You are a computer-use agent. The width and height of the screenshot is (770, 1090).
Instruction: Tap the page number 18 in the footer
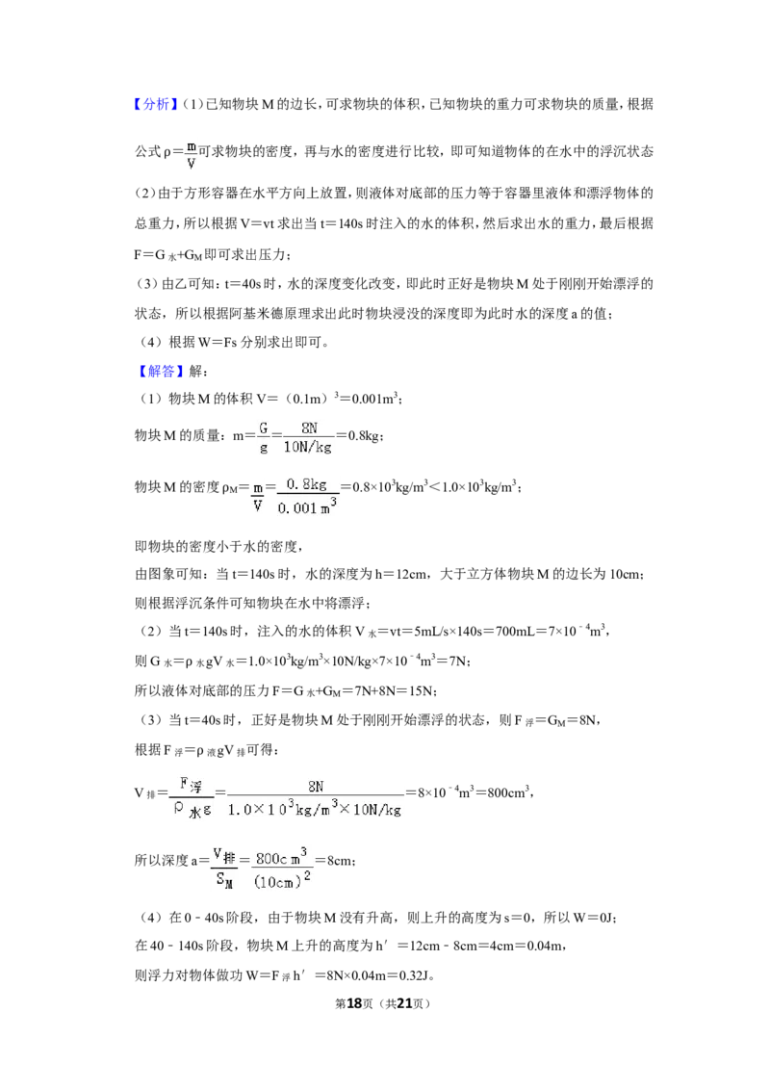point(354,1003)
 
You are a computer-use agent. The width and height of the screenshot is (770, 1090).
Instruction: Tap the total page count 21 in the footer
point(404,1003)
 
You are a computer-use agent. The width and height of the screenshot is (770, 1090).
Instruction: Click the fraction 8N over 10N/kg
point(308,437)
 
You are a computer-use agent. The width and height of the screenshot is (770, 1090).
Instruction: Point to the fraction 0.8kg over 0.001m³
point(307,496)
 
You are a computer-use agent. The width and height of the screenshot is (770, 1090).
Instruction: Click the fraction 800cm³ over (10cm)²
point(281,869)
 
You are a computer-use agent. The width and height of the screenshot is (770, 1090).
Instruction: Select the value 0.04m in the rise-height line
point(544,947)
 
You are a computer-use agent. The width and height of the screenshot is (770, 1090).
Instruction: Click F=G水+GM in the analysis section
point(167,255)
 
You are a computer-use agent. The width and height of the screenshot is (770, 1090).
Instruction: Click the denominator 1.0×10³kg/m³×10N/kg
point(315,809)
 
